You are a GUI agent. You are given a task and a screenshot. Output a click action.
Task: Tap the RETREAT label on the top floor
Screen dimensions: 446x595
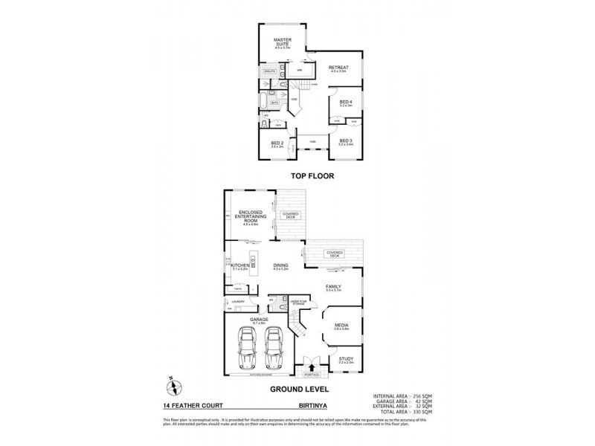[x=339, y=68]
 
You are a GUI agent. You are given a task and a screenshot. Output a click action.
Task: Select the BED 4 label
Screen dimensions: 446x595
[x=344, y=102]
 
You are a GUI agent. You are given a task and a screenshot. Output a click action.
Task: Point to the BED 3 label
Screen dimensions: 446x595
[x=345, y=140]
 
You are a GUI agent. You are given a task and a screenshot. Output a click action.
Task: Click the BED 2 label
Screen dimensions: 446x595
[x=277, y=143]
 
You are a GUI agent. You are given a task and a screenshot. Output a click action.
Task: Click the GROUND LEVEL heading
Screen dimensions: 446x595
[x=299, y=389]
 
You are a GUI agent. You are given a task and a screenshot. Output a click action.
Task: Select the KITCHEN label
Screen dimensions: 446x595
[x=239, y=265]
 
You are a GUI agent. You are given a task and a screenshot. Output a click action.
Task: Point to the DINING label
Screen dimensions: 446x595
[x=280, y=265]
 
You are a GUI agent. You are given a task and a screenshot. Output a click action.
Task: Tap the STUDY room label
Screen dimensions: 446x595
[x=345, y=359]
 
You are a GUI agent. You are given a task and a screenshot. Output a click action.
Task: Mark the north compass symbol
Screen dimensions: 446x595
[x=170, y=387]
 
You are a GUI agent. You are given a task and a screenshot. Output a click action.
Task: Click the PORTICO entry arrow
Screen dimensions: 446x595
[x=312, y=368]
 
